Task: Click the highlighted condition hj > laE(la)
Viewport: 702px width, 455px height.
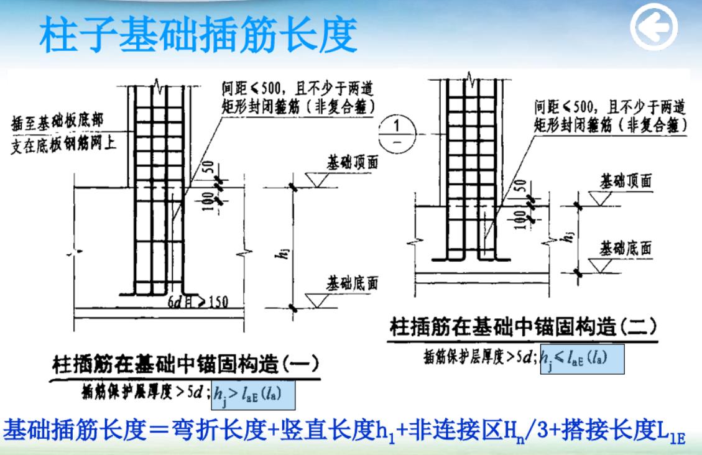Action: (x=254, y=394)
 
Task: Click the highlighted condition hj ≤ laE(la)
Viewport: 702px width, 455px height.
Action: (x=582, y=359)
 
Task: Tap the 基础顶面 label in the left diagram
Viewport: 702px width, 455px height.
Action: (x=352, y=162)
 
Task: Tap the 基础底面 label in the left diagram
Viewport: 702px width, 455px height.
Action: (x=352, y=283)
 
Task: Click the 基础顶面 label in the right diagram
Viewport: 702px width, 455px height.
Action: (x=626, y=182)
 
